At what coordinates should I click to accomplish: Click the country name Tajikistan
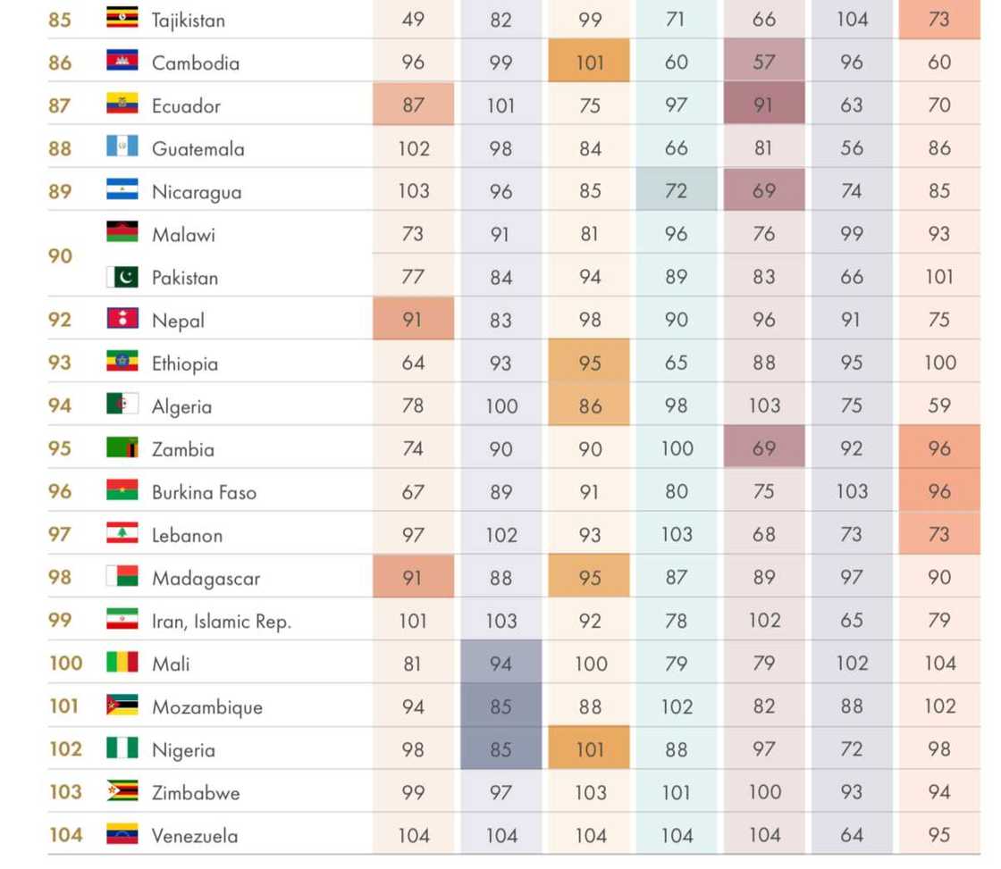[x=188, y=20]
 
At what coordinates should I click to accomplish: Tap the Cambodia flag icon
[x=122, y=61]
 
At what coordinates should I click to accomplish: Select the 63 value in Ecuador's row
[x=851, y=105]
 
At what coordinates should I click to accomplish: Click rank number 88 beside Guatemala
[x=60, y=148]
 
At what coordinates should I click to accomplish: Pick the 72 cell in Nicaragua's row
[x=677, y=191]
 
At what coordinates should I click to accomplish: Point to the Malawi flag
[x=122, y=232]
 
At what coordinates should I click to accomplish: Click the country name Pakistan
[x=184, y=277]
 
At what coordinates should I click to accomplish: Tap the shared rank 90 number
[x=60, y=255]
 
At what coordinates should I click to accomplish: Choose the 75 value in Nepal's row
[x=938, y=320]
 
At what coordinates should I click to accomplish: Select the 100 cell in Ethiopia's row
[x=939, y=363]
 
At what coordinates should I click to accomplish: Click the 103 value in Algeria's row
[x=764, y=405]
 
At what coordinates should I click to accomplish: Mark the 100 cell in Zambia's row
[x=677, y=448]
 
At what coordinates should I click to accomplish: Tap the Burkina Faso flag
[x=122, y=490]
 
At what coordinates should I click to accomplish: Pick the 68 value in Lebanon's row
[x=763, y=534]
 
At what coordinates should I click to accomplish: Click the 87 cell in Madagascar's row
[x=677, y=577]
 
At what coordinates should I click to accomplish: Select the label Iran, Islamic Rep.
[x=221, y=621]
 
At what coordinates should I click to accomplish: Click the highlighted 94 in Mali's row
[x=500, y=663]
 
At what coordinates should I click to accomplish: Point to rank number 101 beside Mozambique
[x=64, y=706]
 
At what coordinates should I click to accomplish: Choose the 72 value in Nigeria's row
[x=851, y=748]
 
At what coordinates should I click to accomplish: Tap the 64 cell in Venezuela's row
[x=851, y=835]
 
